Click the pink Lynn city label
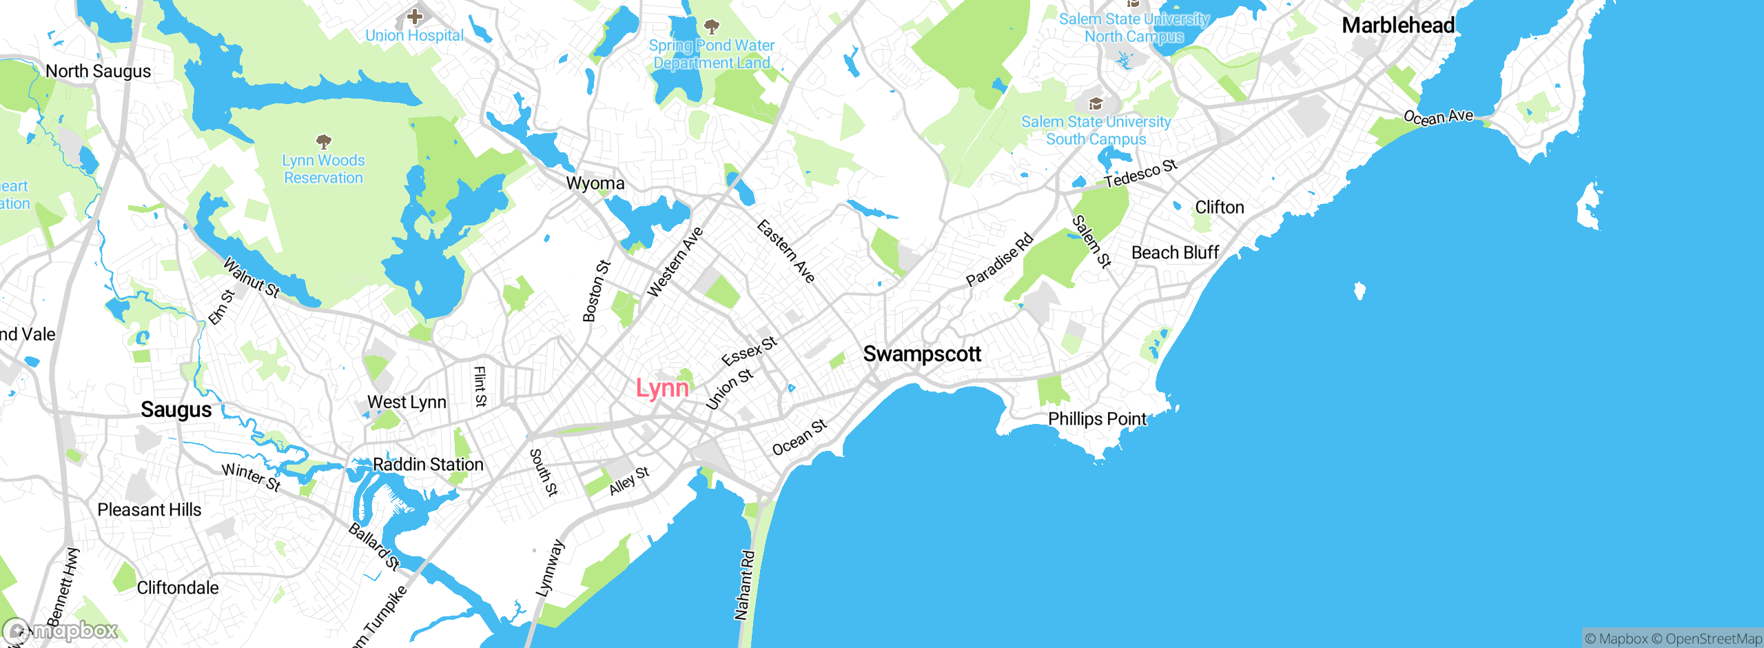pyautogui.click(x=662, y=388)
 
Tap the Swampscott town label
pyautogui.click(x=921, y=354)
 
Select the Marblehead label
pyautogui.click(x=1398, y=26)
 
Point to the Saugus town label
pyautogui.click(x=176, y=409)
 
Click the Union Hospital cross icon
pyautogui.click(x=415, y=15)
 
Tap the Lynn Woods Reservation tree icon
pyautogui.click(x=323, y=142)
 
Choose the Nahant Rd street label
pyautogui.click(x=744, y=585)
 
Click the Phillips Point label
pyautogui.click(x=1097, y=418)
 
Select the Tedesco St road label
pyautogui.click(x=1140, y=173)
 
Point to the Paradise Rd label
pyautogui.click(x=999, y=260)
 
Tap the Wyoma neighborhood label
pyautogui.click(x=595, y=183)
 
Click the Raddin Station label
pyautogui.click(x=428, y=465)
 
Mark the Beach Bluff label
pyautogui.click(x=1175, y=253)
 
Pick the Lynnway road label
pyautogui.click(x=550, y=568)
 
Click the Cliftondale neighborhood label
pyautogui.click(x=177, y=587)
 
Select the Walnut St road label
pyautogui.click(x=252, y=278)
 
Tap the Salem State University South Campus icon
pyautogui.click(x=1096, y=104)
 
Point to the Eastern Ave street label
pyautogui.click(x=786, y=251)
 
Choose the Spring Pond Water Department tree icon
pyautogui.click(x=712, y=27)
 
